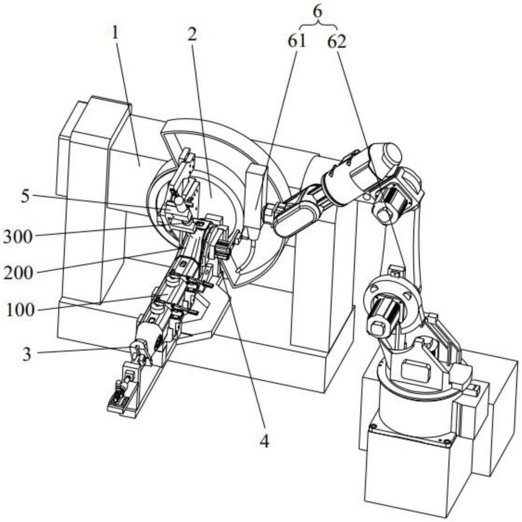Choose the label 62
coord(337,42)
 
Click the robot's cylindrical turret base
coord(412,408)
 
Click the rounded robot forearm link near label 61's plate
coord(295,214)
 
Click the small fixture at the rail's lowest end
coord(121,400)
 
